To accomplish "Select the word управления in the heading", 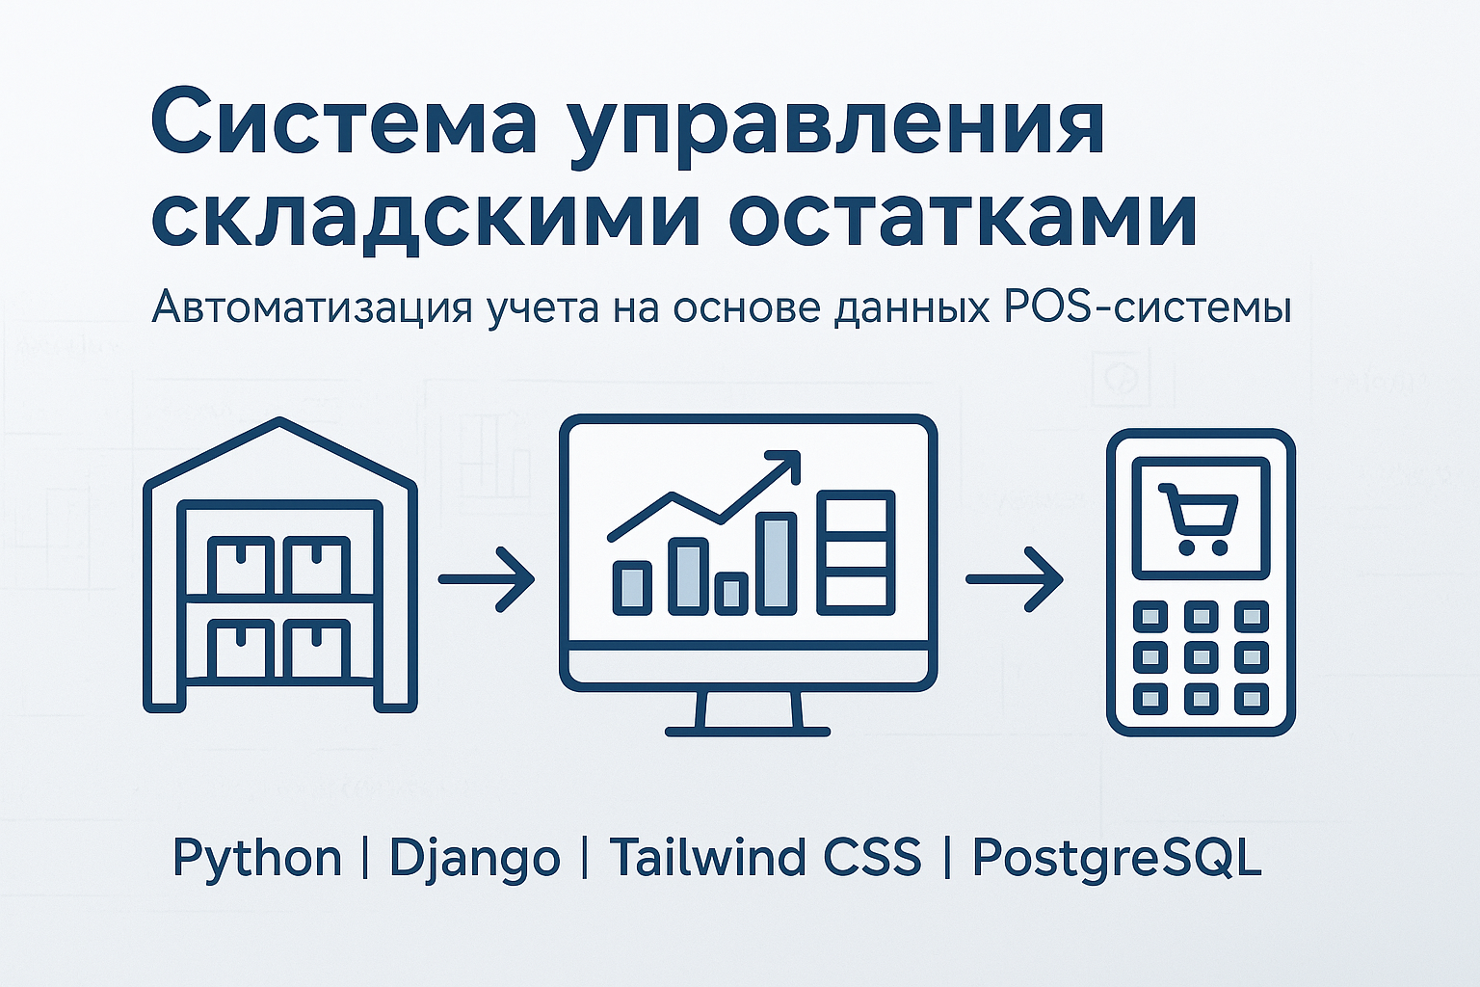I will [835, 125].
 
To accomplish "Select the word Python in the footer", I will [257, 857].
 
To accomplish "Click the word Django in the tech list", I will [474, 858].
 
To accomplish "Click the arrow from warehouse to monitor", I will [486, 579].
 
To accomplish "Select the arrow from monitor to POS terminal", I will [1014, 579].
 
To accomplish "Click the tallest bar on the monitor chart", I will [776, 563].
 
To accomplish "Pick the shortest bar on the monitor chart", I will [731, 593].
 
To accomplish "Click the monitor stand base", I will [748, 731].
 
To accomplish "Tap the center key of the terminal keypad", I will [1200, 656].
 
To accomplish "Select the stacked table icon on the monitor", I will [856, 552].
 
